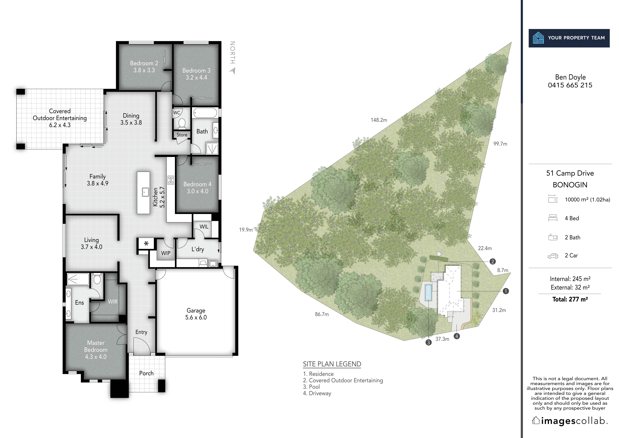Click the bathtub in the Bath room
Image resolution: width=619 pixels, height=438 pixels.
tap(205, 113)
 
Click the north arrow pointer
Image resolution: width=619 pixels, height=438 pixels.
tap(232, 71)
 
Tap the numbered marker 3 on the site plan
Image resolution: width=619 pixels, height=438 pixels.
tap(428, 343)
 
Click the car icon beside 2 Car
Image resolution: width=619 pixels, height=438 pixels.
tap(553, 256)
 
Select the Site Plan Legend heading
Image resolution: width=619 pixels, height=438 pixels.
tap(332, 364)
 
